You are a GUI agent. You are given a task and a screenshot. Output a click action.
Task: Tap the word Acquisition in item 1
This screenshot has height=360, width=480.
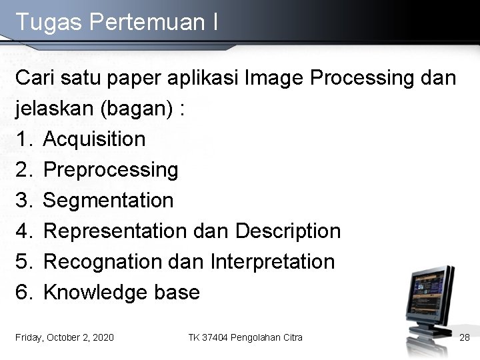click(x=94, y=139)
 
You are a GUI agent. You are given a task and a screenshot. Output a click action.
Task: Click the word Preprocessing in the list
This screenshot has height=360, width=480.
click(x=111, y=170)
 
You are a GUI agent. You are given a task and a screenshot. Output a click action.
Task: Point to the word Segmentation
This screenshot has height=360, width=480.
click(x=108, y=200)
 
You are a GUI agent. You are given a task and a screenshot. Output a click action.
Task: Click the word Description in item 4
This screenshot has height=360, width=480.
click(x=288, y=231)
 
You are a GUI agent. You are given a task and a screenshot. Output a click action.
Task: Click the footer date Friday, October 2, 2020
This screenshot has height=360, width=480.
click(x=65, y=337)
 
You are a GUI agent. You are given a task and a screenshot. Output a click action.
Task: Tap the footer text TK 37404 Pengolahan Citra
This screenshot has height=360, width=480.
click(x=245, y=337)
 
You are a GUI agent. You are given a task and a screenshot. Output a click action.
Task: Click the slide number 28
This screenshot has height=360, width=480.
click(x=465, y=337)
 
